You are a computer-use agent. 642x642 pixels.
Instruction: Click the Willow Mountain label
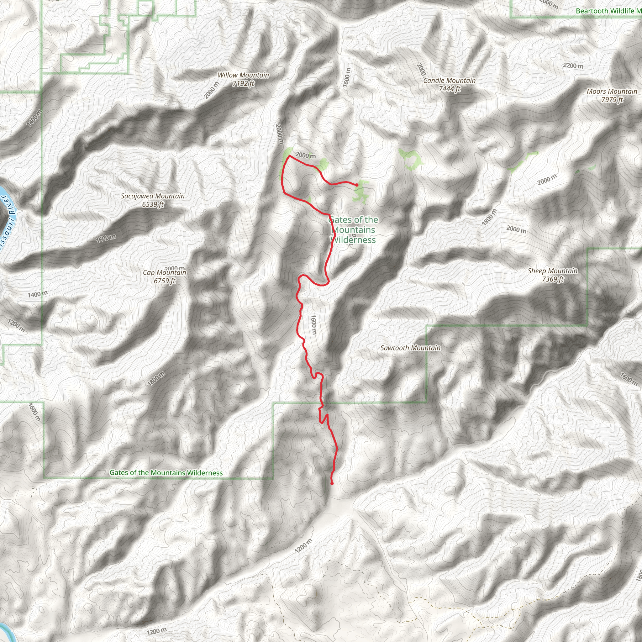243,75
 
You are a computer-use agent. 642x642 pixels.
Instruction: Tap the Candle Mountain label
449,81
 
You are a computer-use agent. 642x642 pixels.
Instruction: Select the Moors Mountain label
612,92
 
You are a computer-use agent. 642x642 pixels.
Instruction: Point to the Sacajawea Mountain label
153,196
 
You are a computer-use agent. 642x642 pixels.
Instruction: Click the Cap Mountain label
165,272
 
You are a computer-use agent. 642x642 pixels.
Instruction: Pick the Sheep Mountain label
553,271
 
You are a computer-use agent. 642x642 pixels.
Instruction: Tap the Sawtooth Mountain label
410,348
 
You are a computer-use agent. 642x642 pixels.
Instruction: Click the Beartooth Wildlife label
608,11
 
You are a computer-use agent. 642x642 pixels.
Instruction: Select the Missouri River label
7,223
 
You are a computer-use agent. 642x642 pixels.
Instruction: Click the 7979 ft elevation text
612,100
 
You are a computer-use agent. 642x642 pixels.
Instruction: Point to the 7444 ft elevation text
449,89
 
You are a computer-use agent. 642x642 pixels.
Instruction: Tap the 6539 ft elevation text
153,204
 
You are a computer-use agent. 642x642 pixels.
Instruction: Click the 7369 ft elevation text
553,279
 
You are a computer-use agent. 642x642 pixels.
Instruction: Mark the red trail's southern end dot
332,483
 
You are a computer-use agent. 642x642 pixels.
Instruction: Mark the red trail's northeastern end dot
356,185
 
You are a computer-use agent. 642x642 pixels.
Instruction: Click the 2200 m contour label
573,66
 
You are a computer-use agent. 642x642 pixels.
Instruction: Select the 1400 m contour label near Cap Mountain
38,294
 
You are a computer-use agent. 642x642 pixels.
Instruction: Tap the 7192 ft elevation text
243,83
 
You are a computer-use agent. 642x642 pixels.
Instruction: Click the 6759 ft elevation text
165,281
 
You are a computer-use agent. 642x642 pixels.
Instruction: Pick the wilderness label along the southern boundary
166,472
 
